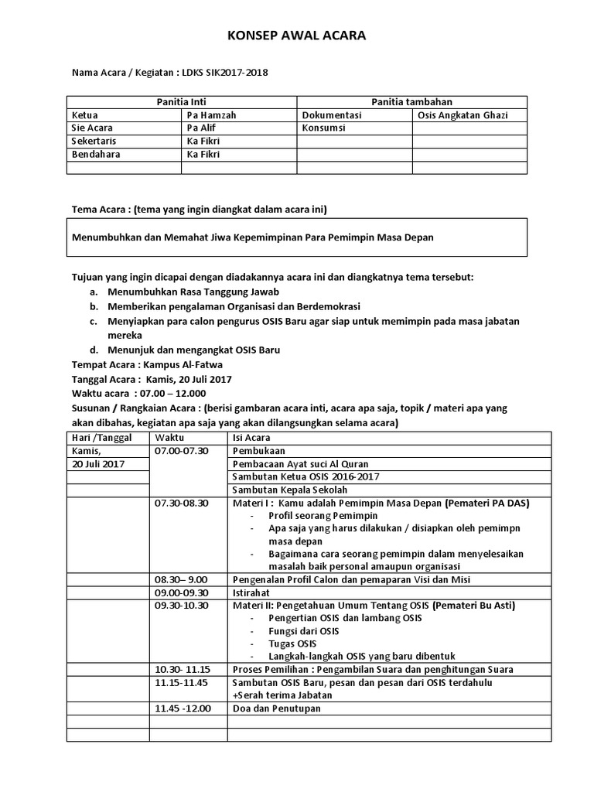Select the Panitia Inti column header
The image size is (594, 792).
(181, 102)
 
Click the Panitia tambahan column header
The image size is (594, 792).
(411, 102)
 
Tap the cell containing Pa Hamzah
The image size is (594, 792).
(211, 115)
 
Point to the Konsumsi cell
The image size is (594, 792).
(323, 128)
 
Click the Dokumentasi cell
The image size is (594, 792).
(331, 115)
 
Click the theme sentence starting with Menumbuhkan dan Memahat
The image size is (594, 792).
(252, 237)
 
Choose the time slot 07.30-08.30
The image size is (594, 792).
(182, 503)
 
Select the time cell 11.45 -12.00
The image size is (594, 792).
(183, 708)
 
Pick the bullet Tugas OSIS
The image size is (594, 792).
(292, 643)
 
